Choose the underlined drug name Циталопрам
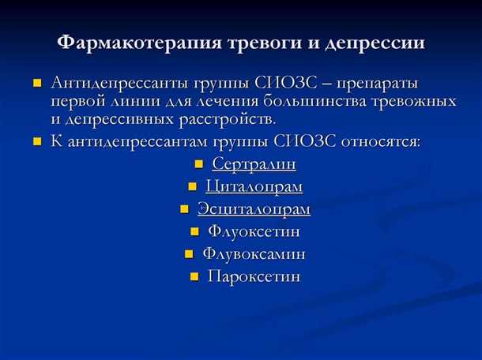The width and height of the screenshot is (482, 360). [x=254, y=187]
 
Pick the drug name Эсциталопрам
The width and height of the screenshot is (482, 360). [x=254, y=209]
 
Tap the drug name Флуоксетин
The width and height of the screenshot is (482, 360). [x=254, y=232]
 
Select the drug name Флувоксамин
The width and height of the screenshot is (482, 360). [x=254, y=254]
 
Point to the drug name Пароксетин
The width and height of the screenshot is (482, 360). [x=254, y=277]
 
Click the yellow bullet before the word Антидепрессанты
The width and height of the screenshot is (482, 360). [x=36, y=83]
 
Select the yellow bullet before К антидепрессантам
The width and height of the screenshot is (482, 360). [x=36, y=143]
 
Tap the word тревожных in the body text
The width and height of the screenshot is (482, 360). [x=419, y=101]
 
